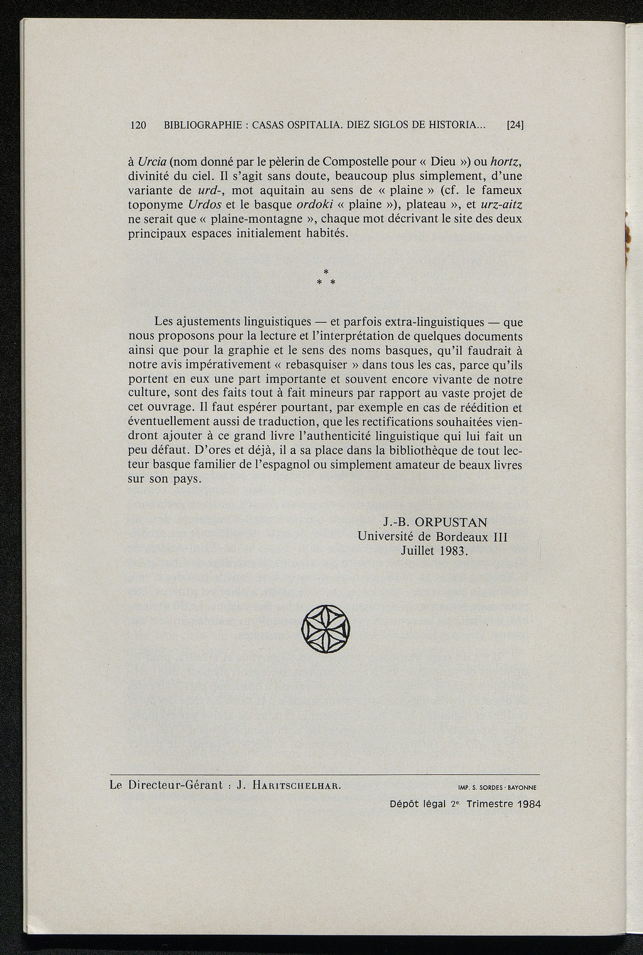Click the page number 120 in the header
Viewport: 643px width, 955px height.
[138, 125]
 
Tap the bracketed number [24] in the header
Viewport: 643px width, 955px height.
[515, 125]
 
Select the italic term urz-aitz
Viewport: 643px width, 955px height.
[501, 205]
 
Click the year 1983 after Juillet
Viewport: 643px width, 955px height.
[453, 551]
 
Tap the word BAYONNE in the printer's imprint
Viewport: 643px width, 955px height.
[525, 787]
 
